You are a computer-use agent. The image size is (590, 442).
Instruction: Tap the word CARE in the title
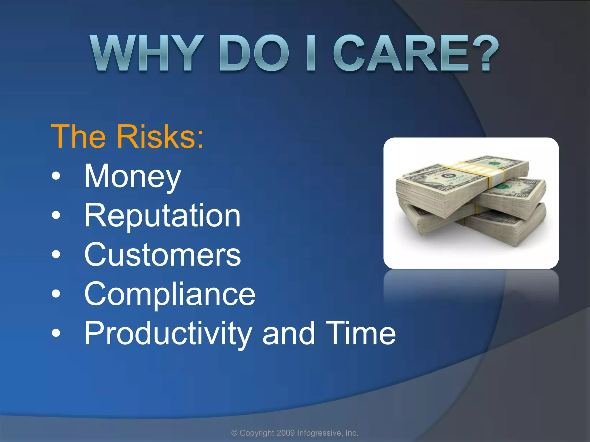(400, 53)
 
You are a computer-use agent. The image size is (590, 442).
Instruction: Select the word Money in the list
(133, 176)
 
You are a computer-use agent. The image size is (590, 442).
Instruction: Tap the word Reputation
(162, 216)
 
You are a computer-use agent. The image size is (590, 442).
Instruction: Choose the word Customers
(162, 255)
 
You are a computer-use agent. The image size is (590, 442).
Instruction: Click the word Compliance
(170, 294)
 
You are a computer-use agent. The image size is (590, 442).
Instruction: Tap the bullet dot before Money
(56, 176)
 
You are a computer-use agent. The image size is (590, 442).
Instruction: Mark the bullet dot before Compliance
(56, 294)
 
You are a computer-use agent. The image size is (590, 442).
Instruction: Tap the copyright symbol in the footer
(235, 433)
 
